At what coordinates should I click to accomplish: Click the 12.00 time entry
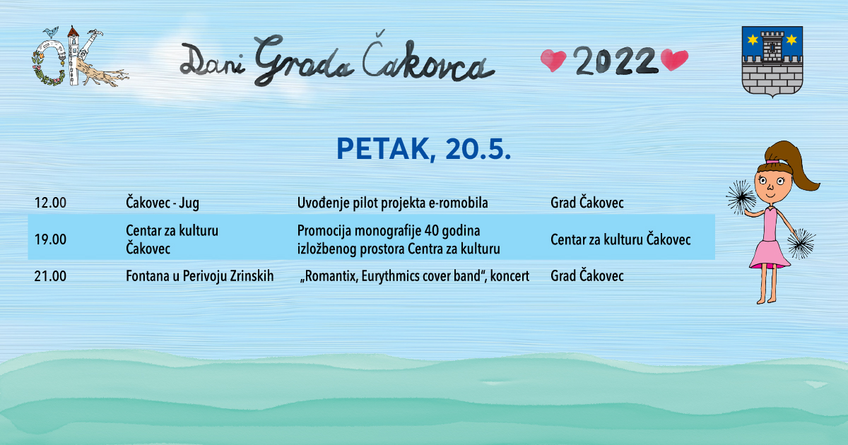coord(50,203)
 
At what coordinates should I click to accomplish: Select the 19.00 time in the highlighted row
coord(50,239)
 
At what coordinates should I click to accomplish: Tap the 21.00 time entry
coord(50,276)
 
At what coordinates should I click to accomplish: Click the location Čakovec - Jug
coord(163,203)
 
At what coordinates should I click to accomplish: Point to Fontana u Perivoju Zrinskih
coord(199,276)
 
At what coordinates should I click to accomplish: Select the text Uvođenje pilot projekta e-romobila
coord(393,203)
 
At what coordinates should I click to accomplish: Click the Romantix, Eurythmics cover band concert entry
coord(415,276)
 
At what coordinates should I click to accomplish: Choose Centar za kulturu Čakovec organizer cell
coord(620,239)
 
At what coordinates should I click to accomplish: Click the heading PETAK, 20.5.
coord(423,149)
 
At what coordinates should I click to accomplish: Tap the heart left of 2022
coord(553,61)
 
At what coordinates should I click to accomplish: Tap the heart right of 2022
coord(674,60)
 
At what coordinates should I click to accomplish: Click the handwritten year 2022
coord(614,61)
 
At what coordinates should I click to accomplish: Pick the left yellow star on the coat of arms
coord(753,40)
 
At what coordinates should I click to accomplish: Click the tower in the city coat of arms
coord(772,47)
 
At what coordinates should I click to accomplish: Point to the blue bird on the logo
coord(51,32)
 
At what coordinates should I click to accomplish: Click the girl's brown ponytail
coord(793,165)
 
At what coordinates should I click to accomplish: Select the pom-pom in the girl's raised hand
coord(740,197)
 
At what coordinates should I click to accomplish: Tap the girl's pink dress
coord(770,240)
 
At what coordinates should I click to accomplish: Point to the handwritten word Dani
coord(213,61)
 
